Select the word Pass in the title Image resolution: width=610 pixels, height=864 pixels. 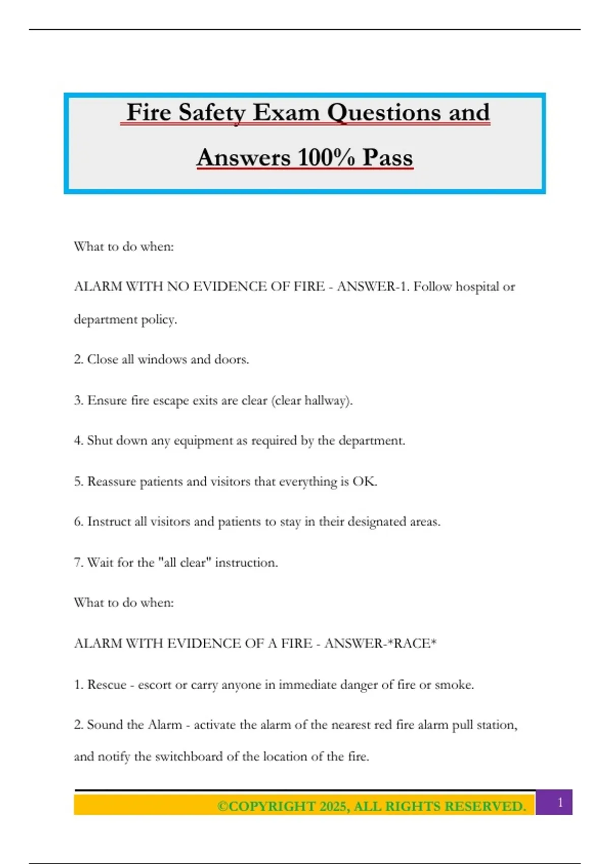(x=387, y=157)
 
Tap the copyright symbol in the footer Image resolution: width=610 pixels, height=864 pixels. (x=223, y=807)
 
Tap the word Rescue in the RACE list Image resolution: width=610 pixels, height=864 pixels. (x=107, y=685)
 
